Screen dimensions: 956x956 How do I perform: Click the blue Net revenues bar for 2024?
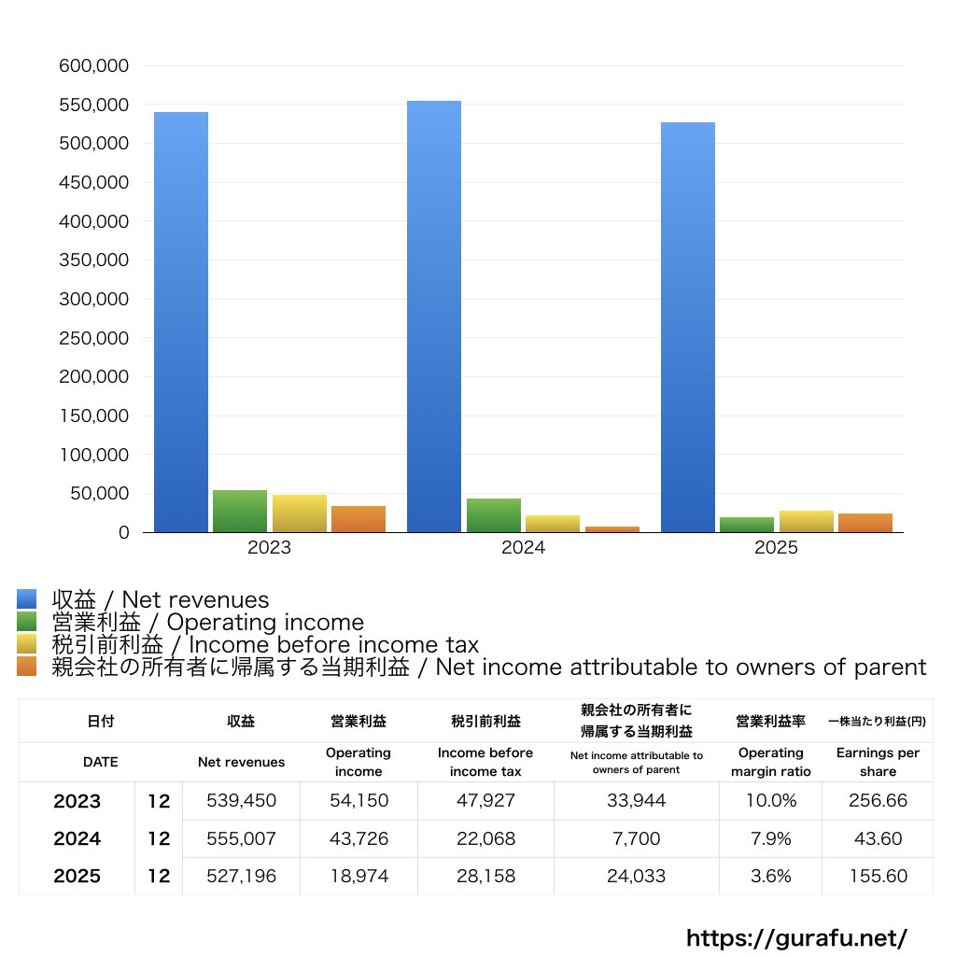click(x=434, y=316)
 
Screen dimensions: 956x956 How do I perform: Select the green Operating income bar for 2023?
click(x=240, y=511)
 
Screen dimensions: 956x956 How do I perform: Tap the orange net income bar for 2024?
click(x=612, y=529)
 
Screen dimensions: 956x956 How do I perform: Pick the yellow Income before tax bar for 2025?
click(x=806, y=521)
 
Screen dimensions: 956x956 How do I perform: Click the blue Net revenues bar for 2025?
click(x=688, y=327)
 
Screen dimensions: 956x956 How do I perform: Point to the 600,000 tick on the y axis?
click(x=95, y=66)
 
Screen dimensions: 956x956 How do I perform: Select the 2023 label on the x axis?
click(x=269, y=548)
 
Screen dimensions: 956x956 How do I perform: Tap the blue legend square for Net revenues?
click(x=26, y=599)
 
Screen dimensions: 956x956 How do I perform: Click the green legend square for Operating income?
click(x=26, y=622)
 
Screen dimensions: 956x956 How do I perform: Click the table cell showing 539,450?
click(x=241, y=801)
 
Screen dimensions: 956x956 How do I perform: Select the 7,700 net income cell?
click(x=636, y=839)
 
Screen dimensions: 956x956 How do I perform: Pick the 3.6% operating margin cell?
click(x=770, y=877)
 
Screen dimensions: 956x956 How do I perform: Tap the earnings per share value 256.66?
click(x=877, y=801)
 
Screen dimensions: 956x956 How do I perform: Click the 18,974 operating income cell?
click(x=358, y=877)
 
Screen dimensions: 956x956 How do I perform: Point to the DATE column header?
click(x=100, y=762)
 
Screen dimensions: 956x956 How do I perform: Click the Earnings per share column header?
click(x=877, y=762)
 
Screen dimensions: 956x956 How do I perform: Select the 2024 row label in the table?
click(x=77, y=839)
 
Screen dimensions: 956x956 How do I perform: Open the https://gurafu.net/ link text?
click(x=796, y=937)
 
